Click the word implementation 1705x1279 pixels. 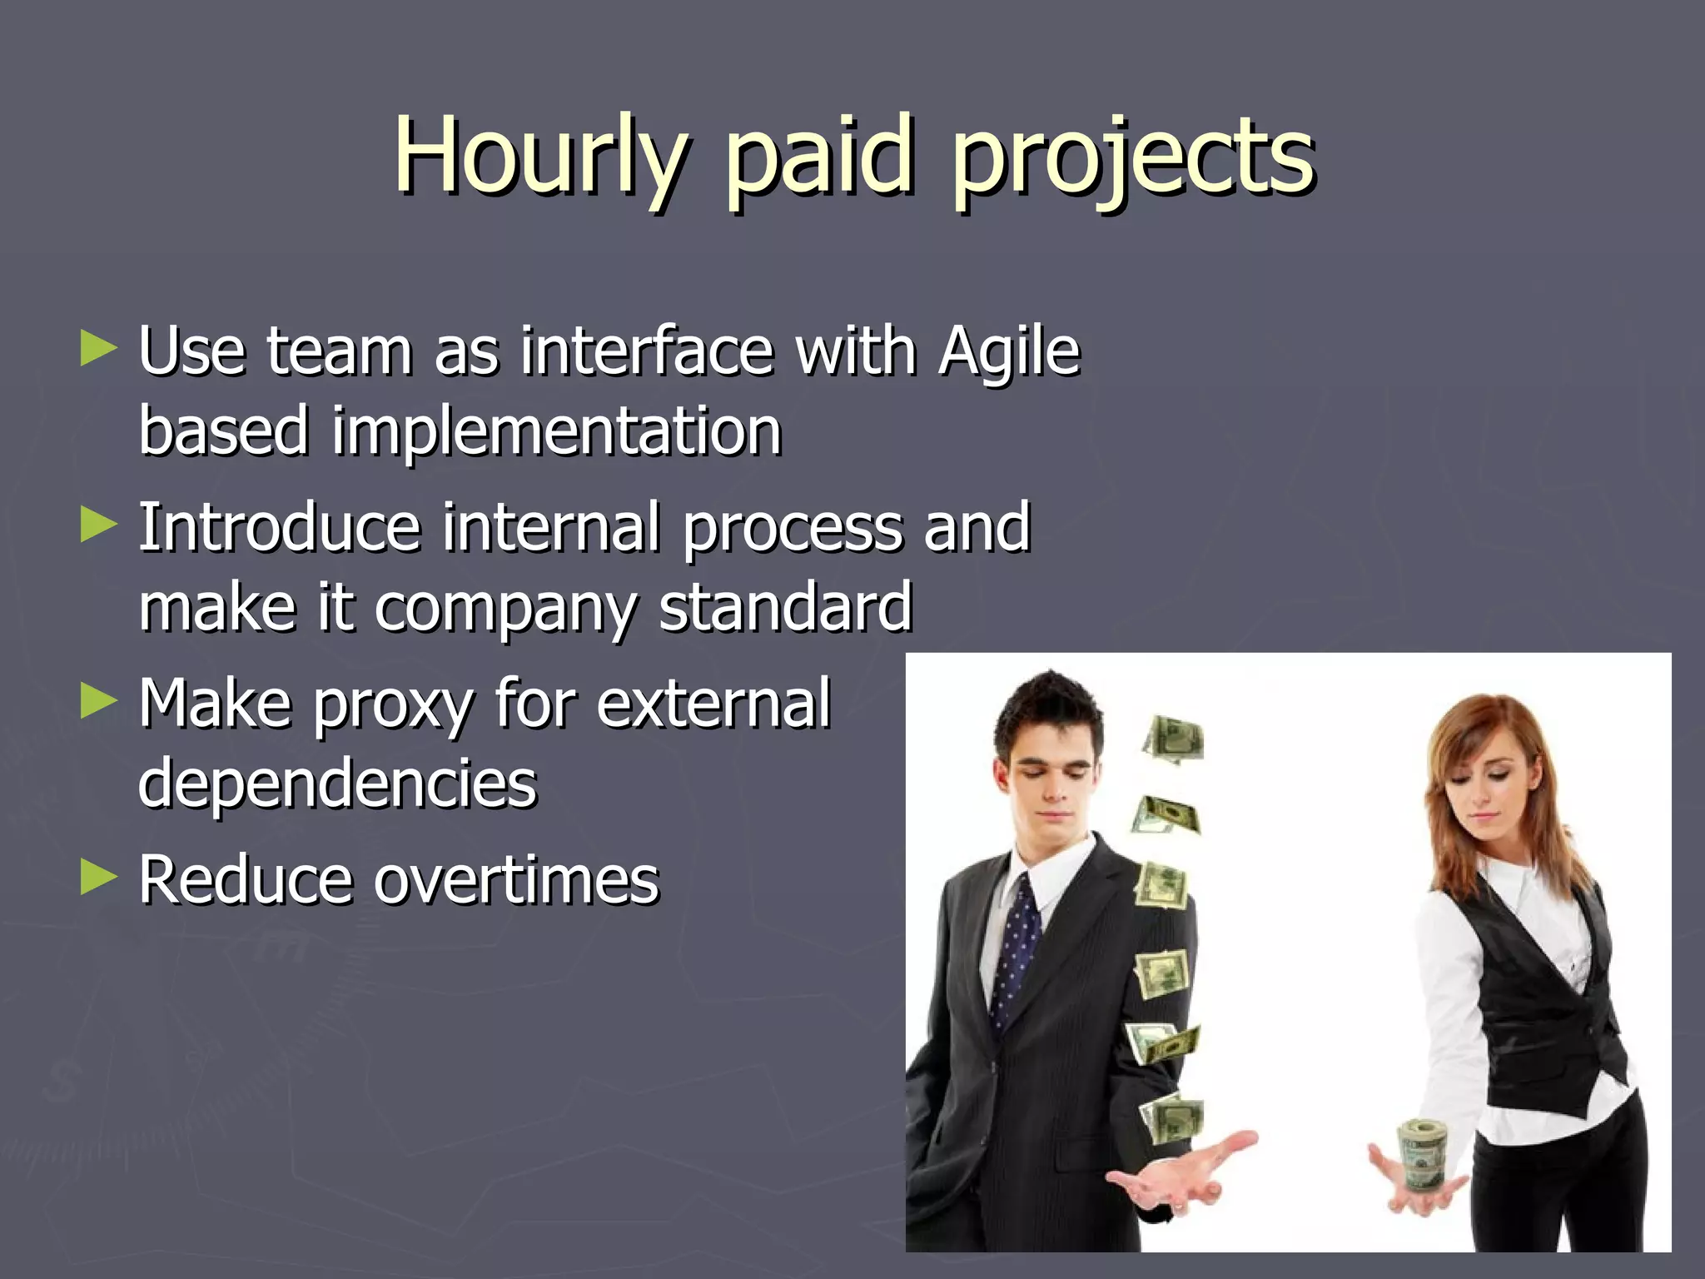(555, 433)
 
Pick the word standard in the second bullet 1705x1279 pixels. (785, 608)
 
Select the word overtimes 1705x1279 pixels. (516, 880)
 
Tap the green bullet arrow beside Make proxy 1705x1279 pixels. (98, 701)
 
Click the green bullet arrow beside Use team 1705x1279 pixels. (98, 349)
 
